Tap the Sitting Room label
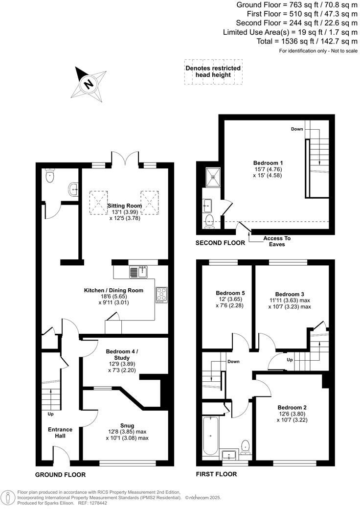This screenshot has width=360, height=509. click(x=125, y=206)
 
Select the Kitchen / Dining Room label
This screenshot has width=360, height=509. click(x=113, y=290)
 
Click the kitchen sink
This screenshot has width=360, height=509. click(x=138, y=272)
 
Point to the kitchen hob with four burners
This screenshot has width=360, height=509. click(x=161, y=294)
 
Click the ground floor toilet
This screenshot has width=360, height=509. click(x=49, y=176)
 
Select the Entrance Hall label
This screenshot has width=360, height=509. click(x=60, y=433)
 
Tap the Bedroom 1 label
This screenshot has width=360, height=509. click(x=268, y=163)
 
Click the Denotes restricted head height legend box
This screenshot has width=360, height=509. click(x=213, y=71)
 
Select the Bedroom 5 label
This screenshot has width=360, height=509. click(x=230, y=293)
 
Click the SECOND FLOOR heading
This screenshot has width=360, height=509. click(x=221, y=243)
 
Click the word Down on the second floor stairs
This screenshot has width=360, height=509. click(x=297, y=129)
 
